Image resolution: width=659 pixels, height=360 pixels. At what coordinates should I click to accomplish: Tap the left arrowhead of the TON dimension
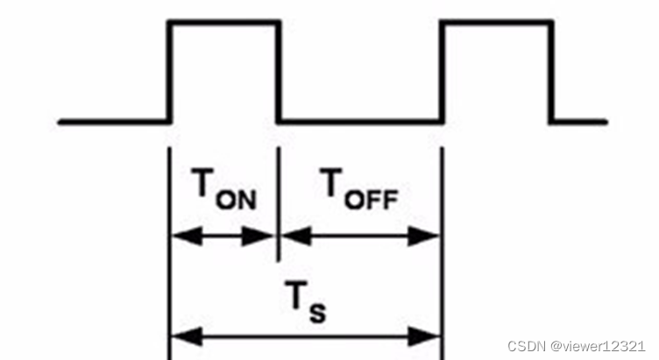pos(178,235)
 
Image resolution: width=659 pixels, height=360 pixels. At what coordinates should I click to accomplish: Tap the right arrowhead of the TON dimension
pos(266,235)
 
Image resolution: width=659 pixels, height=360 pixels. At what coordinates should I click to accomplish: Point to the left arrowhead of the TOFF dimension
pos(289,235)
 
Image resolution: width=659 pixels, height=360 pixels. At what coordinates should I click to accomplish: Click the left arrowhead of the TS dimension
pos(178,335)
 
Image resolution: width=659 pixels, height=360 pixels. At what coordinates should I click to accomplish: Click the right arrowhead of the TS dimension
pos(430,335)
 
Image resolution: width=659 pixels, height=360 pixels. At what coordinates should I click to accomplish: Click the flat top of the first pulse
pos(223,22)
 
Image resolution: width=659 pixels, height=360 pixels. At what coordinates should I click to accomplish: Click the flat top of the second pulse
pos(496,22)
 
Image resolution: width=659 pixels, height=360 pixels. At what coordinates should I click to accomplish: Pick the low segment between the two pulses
pos(359,121)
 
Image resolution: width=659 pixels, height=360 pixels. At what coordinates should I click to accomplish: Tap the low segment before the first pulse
pos(112,121)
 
